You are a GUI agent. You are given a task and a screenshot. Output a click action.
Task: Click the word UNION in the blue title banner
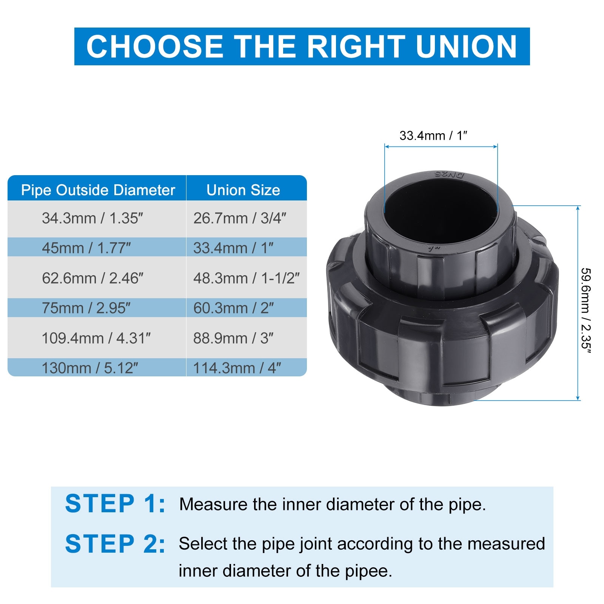tap(466, 46)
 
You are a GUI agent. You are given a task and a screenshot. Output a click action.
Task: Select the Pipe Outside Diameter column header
tap(98, 190)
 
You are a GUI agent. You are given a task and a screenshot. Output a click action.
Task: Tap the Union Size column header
tap(243, 190)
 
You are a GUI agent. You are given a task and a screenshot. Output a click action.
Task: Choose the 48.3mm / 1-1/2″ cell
tap(246, 278)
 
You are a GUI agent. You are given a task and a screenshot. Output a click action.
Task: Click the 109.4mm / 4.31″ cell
tap(96, 338)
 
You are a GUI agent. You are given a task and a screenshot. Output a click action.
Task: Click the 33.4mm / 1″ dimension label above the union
tap(433, 136)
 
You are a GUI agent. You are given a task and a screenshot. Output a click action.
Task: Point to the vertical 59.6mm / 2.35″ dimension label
tap(586, 311)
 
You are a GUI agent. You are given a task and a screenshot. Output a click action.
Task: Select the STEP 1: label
tap(115, 504)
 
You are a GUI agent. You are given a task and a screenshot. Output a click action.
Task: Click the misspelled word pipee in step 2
tap(368, 571)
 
